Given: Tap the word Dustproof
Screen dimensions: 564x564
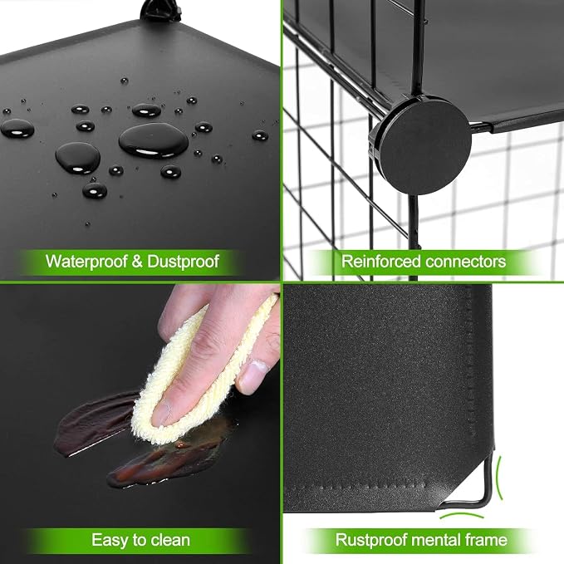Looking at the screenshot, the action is tap(183, 262).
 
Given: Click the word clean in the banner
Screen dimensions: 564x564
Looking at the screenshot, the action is tap(170, 540).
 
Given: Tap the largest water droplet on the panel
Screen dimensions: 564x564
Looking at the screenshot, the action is tap(154, 140).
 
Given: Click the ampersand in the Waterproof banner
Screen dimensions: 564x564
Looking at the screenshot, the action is tap(137, 262).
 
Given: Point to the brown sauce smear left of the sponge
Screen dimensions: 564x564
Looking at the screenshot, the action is tap(94, 424).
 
